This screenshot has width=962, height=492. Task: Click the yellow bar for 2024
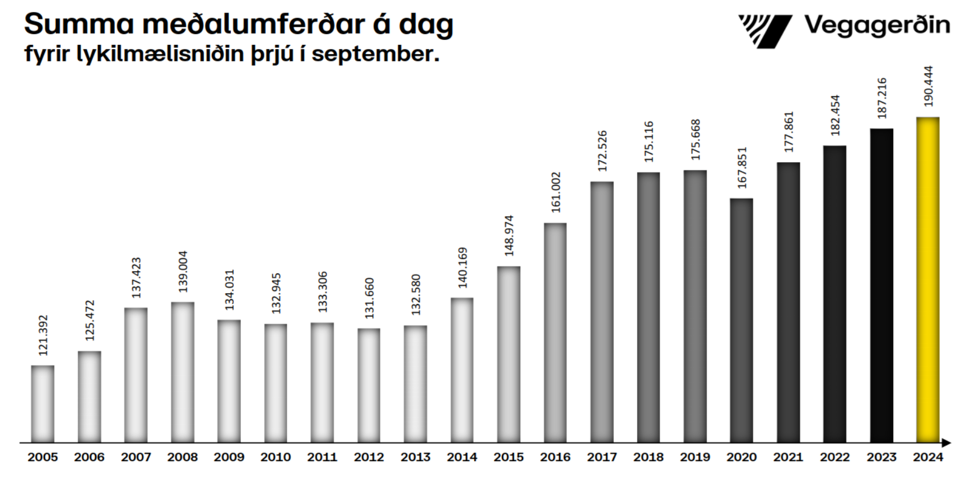pos(928,279)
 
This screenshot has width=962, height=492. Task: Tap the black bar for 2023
pos(881,285)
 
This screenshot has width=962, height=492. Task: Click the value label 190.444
pos(928,87)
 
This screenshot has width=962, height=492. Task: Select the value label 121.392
pos(43,335)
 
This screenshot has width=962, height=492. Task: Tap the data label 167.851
pos(742,168)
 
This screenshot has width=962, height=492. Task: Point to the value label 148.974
pos(509,235)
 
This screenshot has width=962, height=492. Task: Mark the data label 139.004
pos(183,272)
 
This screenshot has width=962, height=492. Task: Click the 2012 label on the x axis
pos(369,457)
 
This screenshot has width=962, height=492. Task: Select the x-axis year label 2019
pos(695,457)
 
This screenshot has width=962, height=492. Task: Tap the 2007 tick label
pos(136,457)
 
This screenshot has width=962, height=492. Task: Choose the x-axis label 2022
pos(834,457)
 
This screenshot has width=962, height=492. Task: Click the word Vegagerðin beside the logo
pos(877,26)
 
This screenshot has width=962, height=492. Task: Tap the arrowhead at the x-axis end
pos(946,442)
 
